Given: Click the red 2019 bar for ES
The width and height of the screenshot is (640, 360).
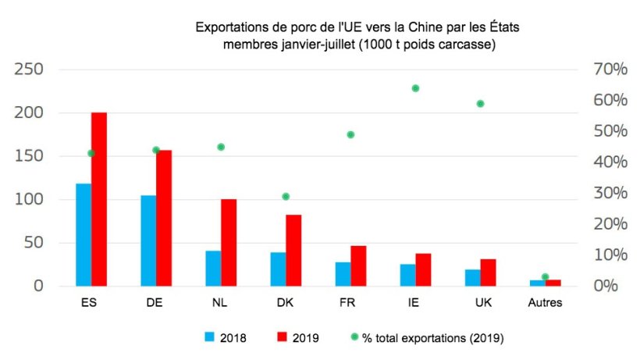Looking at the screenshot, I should pos(99,199).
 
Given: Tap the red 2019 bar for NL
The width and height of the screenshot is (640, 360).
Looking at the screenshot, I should pos(229,243).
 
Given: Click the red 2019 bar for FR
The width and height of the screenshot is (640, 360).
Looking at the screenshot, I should pos(358,266).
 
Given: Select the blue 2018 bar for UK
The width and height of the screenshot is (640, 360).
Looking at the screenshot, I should pos(472,278).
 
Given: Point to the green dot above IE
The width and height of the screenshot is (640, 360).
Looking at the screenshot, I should pos(416,88).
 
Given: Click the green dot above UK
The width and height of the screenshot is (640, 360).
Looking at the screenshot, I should pos(481,103).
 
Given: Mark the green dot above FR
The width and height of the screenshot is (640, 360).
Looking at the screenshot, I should pos(351,134).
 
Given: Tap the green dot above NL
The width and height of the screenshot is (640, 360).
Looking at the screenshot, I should pos(221,147).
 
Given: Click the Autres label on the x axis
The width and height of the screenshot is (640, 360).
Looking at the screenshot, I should pos(545,303).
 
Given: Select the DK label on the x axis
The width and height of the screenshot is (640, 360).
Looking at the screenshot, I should pos(285,303).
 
